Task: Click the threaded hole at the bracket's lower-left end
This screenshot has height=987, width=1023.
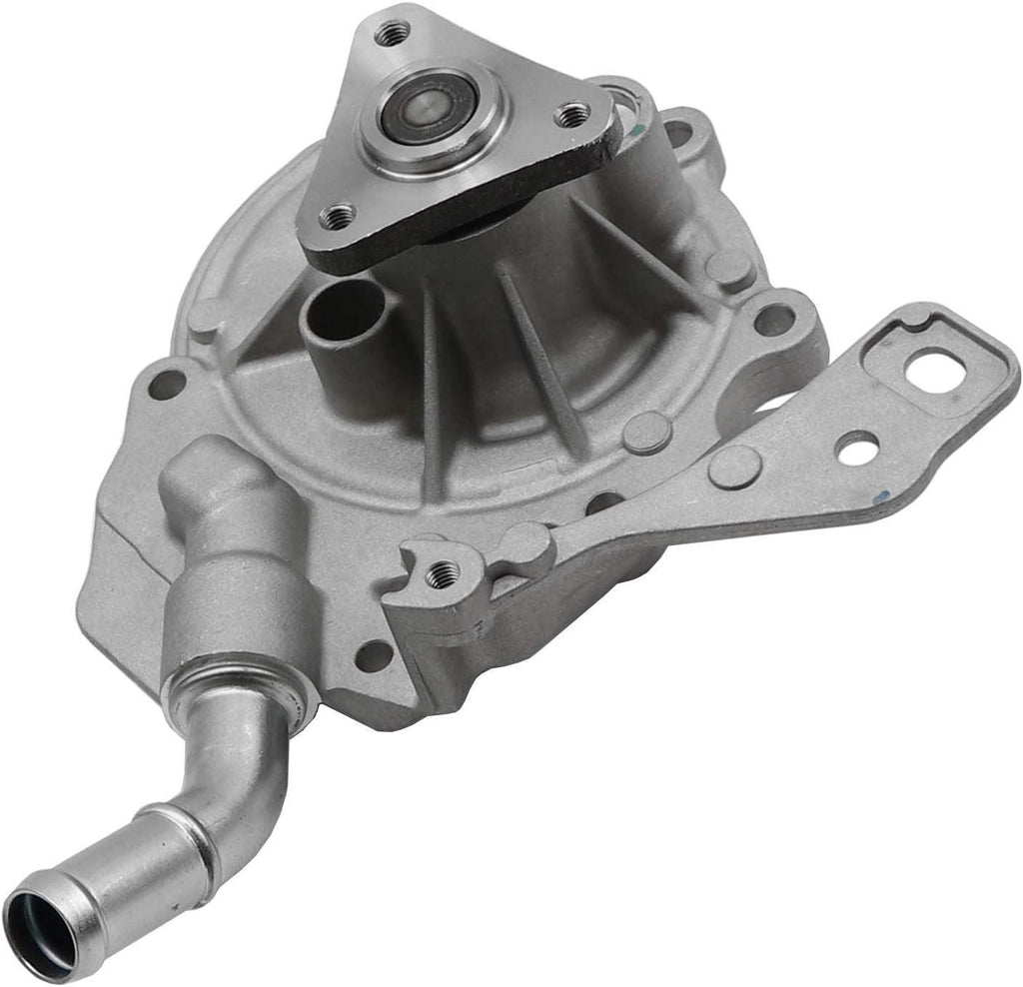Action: [441, 573]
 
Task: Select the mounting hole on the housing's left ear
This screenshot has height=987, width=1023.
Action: [167, 384]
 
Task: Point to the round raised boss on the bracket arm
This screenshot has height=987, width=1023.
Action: [734, 467]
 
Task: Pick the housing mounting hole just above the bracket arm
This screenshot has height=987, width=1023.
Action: [774, 320]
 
